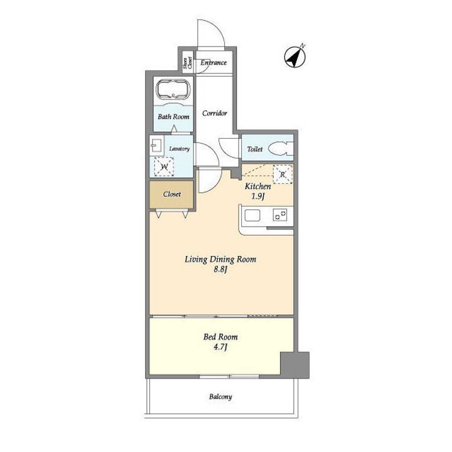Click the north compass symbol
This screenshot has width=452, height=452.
[294, 56]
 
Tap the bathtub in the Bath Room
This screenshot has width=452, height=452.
[173, 89]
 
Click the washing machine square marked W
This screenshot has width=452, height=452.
[164, 166]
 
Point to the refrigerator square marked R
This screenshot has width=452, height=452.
[282, 175]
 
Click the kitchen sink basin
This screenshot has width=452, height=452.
[252, 215]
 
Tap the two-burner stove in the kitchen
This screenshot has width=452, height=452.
[280, 215]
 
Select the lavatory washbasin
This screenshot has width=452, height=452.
[156, 146]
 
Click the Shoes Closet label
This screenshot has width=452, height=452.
[187, 63]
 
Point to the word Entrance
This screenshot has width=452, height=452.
[213, 63]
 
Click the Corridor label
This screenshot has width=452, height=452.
[215, 113]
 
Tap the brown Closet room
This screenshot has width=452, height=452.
[171, 194]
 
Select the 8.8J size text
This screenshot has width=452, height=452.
[220, 270]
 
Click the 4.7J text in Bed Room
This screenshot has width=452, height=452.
[220, 347]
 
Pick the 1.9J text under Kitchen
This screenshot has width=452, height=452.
[258, 196]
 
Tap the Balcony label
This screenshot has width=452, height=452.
[220, 397]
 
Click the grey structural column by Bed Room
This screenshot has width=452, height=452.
[294, 365]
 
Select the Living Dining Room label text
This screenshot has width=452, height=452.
[220, 259]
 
